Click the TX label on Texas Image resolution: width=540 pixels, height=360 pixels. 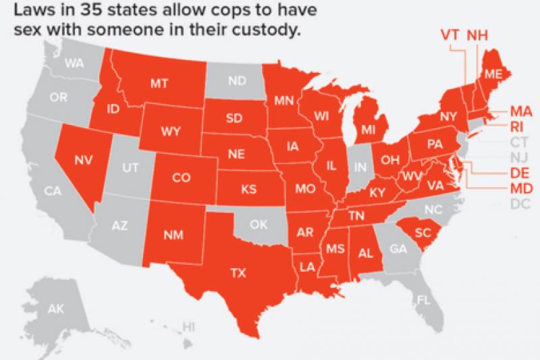pyautogui.click(x=238, y=274)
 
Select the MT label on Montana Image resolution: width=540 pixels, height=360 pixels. pyautogui.click(x=159, y=84)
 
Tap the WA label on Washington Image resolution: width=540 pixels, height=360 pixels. pyautogui.click(x=74, y=65)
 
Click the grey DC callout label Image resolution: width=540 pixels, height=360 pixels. pyautogui.click(x=520, y=203)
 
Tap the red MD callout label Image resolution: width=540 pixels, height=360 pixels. pyautogui.click(x=520, y=188)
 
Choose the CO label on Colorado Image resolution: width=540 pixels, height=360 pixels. pyautogui.click(x=181, y=178)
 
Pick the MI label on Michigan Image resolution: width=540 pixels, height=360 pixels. pyautogui.click(x=368, y=128)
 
